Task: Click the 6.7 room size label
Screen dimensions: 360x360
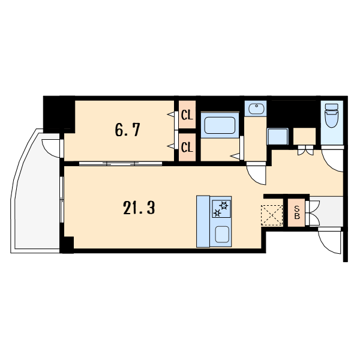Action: click(x=127, y=130)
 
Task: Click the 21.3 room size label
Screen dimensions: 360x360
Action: click(x=139, y=208)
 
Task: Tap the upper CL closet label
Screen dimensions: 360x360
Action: click(x=187, y=115)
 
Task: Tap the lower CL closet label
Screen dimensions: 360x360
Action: click(x=187, y=148)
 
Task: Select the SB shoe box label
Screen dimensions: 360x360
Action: click(x=297, y=212)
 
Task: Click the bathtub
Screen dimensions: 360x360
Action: click(x=220, y=125)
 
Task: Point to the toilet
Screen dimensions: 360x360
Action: click(x=332, y=115)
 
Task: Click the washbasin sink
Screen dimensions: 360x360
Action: click(x=256, y=109)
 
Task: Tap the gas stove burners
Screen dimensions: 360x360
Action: click(x=221, y=209)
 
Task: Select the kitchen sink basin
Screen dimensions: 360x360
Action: click(x=222, y=234)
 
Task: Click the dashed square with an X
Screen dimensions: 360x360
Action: click(x=272, y=215)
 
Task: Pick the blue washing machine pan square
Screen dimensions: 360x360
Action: click(x=278, y=136)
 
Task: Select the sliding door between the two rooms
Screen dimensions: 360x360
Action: click(x=121, y=164)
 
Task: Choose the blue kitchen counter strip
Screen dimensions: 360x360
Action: click(x=203, y=221)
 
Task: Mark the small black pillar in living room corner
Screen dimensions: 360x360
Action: click(x=68, y=245)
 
